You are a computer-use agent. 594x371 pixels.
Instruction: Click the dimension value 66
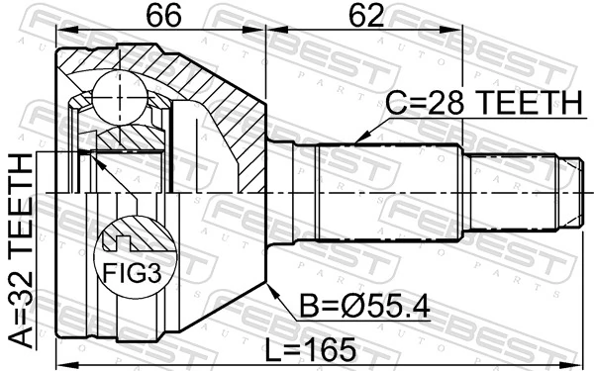click(160, 18)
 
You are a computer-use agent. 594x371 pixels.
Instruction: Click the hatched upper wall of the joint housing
click(198, 69)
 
